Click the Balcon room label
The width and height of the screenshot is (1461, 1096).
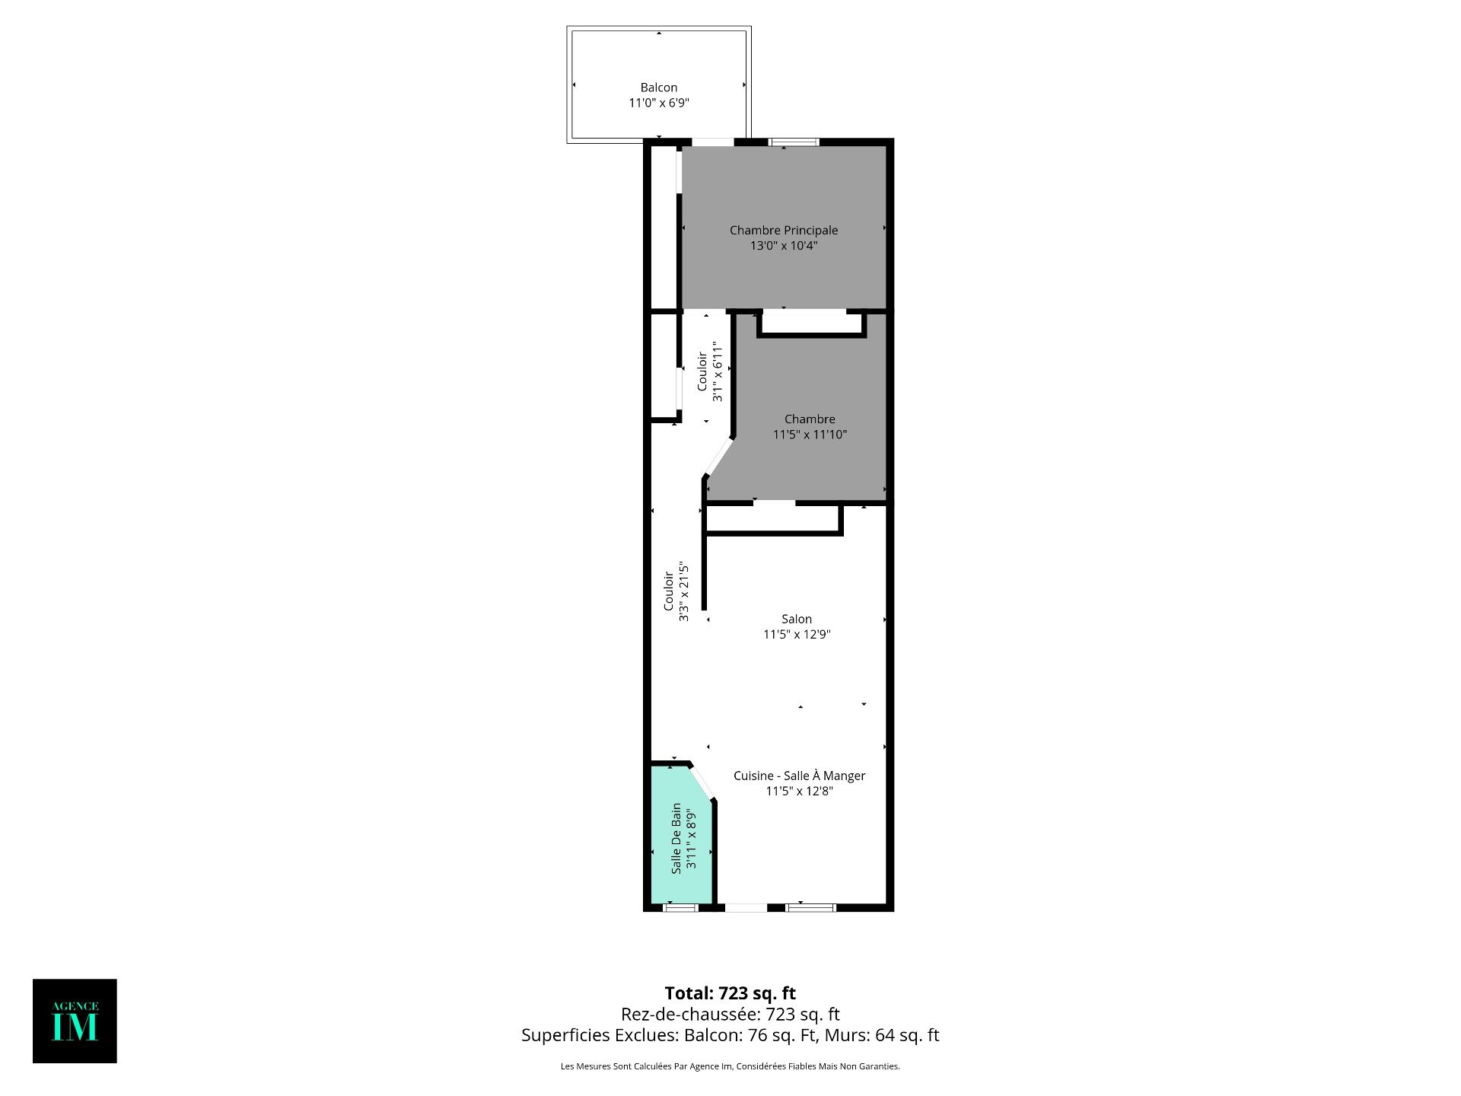[658, 88]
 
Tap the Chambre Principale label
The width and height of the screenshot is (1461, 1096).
[784, 230]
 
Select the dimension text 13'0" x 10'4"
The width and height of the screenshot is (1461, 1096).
[784, 246]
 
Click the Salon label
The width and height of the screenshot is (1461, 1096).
[797, 619]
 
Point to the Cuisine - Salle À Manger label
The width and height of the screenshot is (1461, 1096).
[799, 776]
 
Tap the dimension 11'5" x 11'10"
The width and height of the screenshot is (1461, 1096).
[810, 435]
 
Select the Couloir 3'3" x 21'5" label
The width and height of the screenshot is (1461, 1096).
[676, 592]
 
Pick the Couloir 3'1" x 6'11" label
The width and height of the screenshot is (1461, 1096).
[709, 371]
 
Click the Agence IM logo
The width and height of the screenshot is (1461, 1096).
[75, 1021]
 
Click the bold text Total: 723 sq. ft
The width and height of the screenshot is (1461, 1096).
[730, 993]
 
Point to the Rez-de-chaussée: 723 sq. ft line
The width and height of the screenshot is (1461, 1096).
[730, 1014]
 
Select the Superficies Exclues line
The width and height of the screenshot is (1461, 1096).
[730, 1035]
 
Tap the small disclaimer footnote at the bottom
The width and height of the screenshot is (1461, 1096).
[730, 1066]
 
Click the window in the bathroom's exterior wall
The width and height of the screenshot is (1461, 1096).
[681, 907]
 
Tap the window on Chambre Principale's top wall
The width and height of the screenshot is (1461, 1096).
[794, 142]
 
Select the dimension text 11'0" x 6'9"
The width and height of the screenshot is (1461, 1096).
[658, 104]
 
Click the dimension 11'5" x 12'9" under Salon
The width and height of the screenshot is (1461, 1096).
[797, 635]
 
